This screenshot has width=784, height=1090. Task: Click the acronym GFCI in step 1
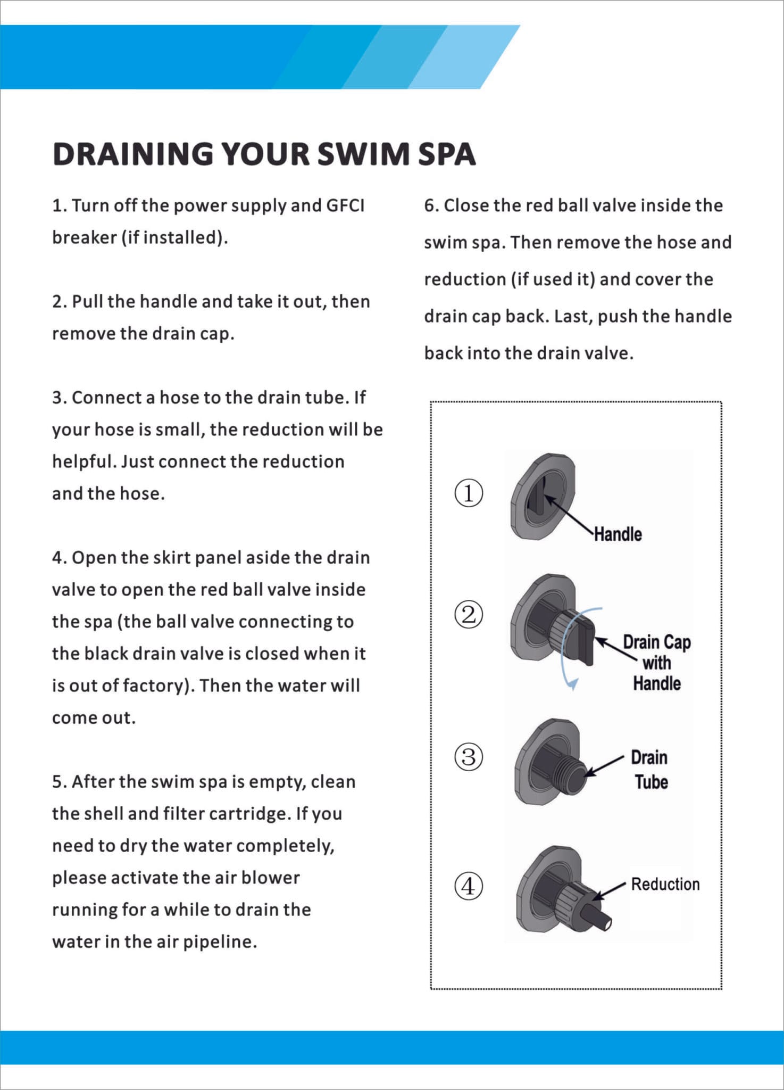pos(345,206)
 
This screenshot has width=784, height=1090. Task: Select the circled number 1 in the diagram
pos(469,493)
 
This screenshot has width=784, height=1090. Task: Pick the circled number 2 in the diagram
pos(469,615)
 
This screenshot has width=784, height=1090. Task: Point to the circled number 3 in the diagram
pos(469,756)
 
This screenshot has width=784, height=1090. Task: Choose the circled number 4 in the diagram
pos(469,887)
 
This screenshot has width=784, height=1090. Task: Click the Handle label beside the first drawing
pos(618,534)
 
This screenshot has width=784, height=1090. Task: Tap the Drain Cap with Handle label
pos(657,663)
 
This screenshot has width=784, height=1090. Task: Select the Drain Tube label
pos(650,770)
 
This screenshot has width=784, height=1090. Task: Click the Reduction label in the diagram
pos(665,885)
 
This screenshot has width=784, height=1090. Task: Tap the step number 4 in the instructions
pos(57,558)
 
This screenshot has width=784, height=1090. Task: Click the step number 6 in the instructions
pos(429,206)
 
